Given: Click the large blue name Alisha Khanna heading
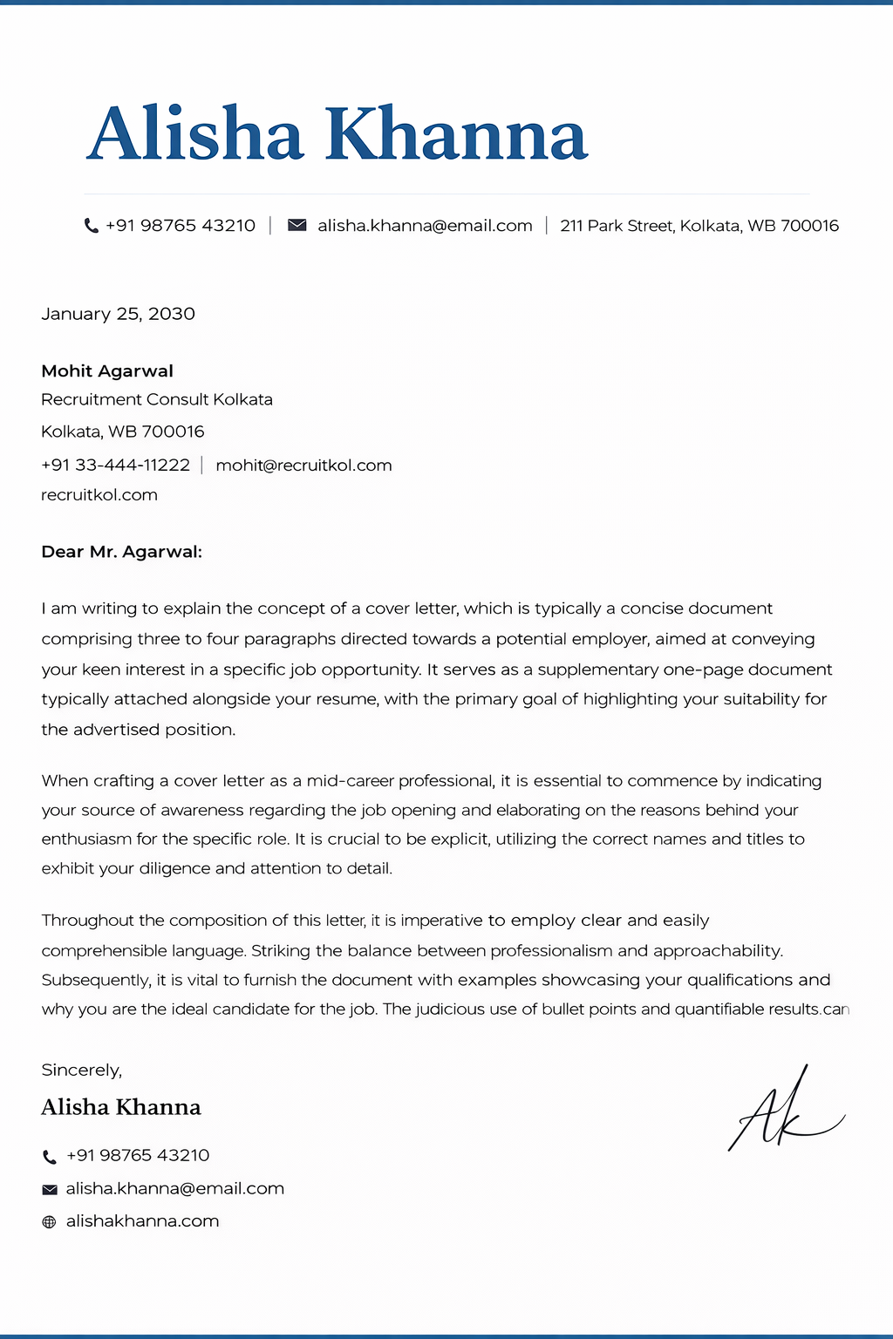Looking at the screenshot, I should click(x=337, y=135).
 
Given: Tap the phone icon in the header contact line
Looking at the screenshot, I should click(x=91, y=226).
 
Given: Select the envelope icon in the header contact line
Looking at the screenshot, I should click(x=297, y=226).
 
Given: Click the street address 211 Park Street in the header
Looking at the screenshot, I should click(x=699, y=226).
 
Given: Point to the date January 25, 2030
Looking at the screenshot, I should click(x=118, y=314).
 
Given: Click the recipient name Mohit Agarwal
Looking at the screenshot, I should click(x=107, y=371).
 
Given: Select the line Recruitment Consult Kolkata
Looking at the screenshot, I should click(x=157, y=400).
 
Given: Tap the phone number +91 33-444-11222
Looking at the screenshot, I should click(x=115, y=466).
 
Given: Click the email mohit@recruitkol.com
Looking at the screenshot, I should click(x=303, y=466).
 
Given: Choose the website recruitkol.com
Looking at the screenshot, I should click(x=99, y=495).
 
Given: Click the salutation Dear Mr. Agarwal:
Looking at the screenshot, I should click(x=121, y=552).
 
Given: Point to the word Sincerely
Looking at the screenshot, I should click(x=81, y=1071).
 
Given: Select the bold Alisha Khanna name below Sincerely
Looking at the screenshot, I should click(x=121, y=1107).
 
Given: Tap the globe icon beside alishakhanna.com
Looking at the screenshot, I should click(x=49, y=1222).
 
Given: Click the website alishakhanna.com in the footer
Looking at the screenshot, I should click(x=142, y=1221).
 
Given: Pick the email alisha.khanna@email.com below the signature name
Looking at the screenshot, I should click(x=174, y=1189).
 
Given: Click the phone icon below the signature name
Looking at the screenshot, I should click(x=49, y=1157).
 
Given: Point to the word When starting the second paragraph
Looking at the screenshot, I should click(x=65, y=781).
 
